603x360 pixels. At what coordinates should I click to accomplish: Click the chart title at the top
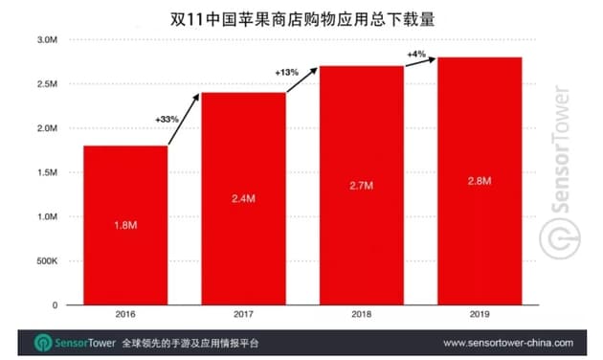[x=301, y=16]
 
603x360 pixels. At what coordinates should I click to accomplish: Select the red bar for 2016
[x=125, y=225]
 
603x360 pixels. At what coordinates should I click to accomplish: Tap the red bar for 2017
[x=243, y=198]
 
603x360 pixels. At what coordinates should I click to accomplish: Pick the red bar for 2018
[x=361, y=185]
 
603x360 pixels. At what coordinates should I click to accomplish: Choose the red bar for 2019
[x=479, y=181]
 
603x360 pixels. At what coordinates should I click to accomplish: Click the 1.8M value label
[x=124, y=225]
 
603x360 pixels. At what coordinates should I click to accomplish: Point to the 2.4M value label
[x=243, y=198]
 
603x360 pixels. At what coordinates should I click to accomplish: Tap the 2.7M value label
[x=361, y=185]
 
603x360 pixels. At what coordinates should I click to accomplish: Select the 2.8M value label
[x=479, y=181]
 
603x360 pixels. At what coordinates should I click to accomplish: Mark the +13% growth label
[x=287, y=73]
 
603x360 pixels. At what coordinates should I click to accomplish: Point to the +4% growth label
[x=415, y=55]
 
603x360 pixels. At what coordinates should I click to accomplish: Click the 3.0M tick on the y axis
[x=48, y=40]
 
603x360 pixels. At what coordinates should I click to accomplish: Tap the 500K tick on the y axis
[x=47, y=260]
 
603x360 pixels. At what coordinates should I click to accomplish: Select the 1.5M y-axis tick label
[x=48, y=172]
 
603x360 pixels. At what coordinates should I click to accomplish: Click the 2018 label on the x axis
[x=361, y=314]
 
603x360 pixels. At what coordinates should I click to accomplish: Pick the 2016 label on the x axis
[x=125, y=314]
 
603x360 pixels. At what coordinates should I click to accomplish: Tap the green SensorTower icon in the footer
[x=44, y=342]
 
